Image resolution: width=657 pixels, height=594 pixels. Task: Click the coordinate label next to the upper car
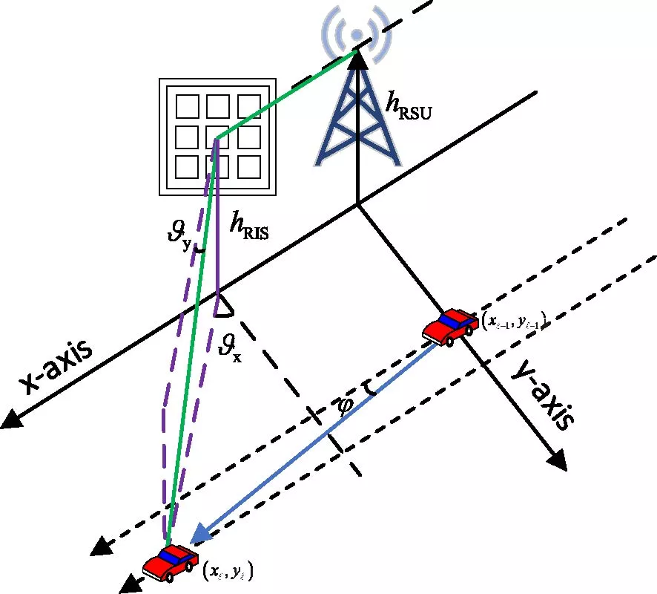[x=512, y=321]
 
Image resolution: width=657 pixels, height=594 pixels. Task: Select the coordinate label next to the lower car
[x=228, y=571]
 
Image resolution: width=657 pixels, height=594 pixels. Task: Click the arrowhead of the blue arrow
[x=199, y=536]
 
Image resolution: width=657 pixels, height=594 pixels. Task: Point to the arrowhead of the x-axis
[x=10, y=421]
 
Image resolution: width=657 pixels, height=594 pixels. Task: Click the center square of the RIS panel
[x=218, y=137]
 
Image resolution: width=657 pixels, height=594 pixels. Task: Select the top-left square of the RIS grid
[x=186, y=106]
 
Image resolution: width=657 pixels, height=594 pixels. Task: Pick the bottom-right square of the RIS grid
[x=249, y=167]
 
